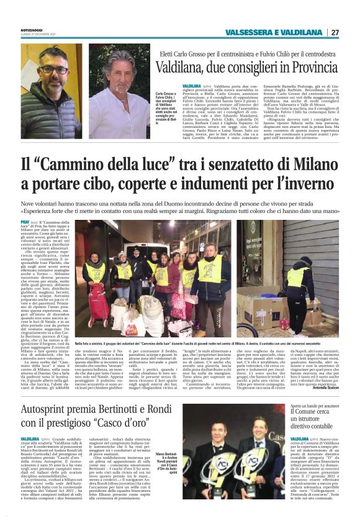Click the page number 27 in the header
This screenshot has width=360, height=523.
click(x=335, y=32)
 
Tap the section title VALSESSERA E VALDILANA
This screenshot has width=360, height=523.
click(x=273, y=32)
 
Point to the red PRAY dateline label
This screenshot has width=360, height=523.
click(x=25, y=221)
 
